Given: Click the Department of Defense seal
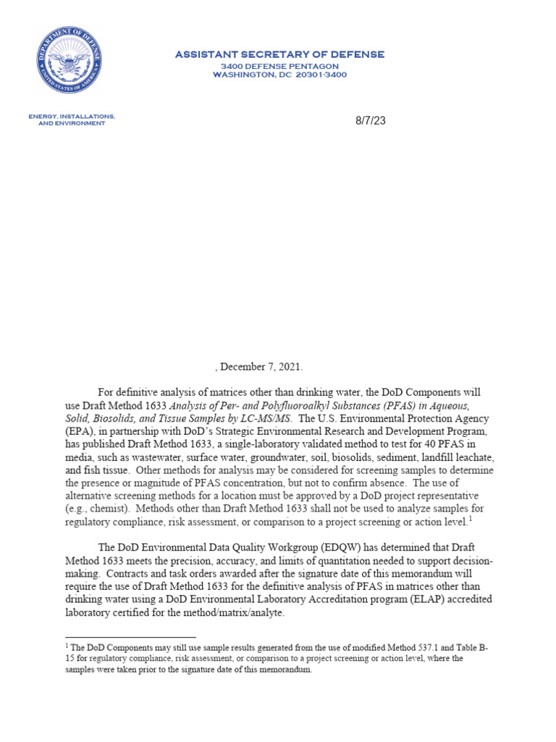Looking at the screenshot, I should (69, 59).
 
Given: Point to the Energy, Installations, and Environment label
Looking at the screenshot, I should (72, 120).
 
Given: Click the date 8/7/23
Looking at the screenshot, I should (371, 120).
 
